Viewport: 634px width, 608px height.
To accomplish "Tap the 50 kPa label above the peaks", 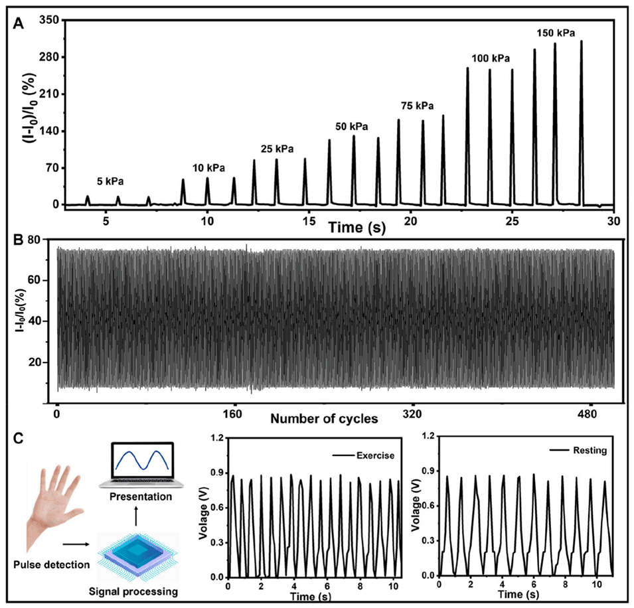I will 351,126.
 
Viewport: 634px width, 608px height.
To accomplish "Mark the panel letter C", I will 21,439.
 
